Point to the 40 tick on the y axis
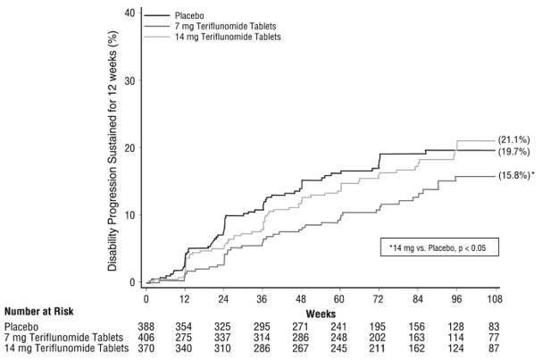coord(129,13)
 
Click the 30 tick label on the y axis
coord(129,80)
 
